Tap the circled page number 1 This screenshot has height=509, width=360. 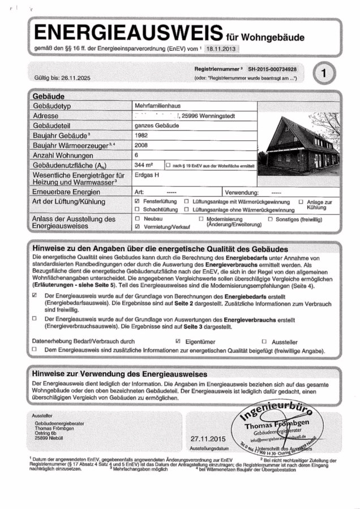point(323,73)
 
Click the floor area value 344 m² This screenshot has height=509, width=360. point(144,165)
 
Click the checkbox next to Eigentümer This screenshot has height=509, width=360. point(178,342)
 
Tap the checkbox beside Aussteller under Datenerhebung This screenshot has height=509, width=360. point(264,342)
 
